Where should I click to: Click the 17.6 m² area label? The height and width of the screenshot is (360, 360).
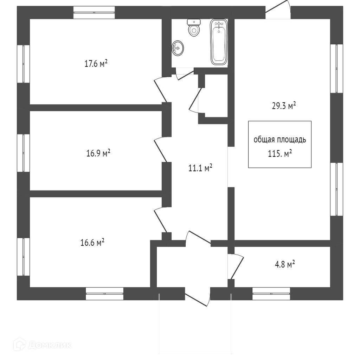96,64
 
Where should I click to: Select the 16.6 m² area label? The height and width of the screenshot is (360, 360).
92,243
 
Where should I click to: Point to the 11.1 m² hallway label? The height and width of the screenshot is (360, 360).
200,168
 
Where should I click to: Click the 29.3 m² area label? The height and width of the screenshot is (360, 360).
283,106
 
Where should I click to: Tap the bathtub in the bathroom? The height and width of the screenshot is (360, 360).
219,42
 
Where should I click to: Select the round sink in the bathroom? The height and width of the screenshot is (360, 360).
178,48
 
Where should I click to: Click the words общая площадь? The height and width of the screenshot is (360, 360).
280,140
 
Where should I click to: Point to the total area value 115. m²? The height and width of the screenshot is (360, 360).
280,154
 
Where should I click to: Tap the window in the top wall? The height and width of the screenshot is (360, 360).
95,12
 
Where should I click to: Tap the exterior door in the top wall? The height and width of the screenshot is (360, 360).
278,11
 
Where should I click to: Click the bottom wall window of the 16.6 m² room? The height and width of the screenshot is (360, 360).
104,294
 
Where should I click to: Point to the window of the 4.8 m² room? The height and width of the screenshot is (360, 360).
271,294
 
